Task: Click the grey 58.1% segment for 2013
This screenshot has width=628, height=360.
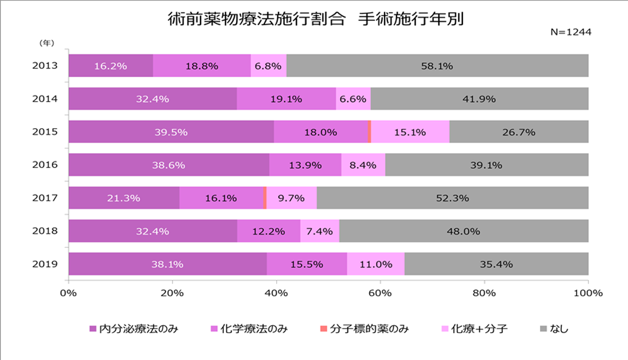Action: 437,66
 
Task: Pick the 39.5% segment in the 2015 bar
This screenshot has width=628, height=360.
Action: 171,132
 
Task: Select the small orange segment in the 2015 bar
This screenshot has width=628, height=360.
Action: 369,132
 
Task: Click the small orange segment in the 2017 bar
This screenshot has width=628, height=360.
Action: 265,198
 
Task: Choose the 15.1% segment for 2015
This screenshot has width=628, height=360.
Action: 410,132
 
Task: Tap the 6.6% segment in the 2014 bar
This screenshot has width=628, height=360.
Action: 353,99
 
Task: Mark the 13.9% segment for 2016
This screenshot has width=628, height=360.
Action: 305,165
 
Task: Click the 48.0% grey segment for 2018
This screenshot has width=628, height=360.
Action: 464,231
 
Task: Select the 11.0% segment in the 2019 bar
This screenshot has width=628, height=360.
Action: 376,264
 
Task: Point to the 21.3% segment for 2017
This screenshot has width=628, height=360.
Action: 123,198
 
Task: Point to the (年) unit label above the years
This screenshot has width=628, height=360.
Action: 46,43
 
